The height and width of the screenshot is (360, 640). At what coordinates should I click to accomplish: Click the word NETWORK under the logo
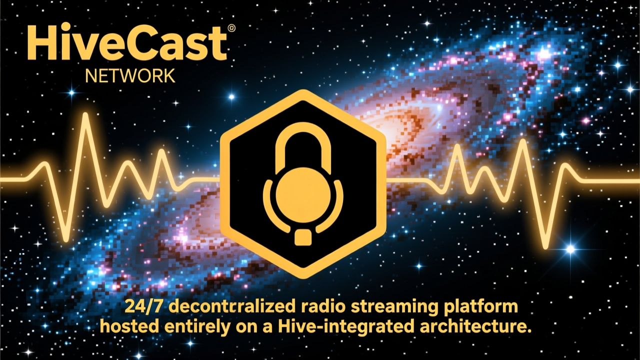pyautogui.click(x=130, y=75)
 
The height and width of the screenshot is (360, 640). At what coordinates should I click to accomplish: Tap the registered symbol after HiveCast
pyautogui.click(x=231, y=28)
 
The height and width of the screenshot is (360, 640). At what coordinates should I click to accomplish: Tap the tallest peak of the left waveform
pyautogui.click(x=85, y=115)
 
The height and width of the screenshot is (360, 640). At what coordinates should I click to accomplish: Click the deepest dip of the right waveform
pyautogui.click(x=545, y=247)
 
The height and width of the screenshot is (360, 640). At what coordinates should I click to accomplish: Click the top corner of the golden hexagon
pyautogui.click(x=303, y=90)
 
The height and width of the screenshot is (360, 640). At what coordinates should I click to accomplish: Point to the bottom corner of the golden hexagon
pyautogui.click(x=303, y=277)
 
